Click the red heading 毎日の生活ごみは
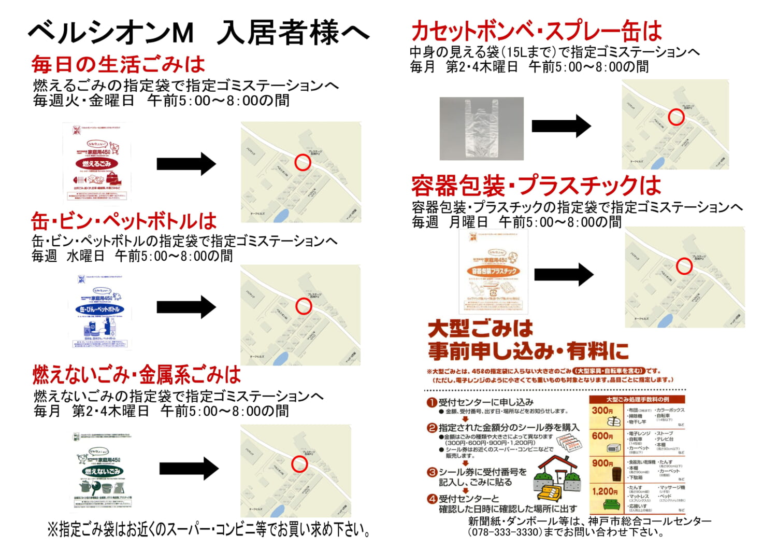tap(118, 65)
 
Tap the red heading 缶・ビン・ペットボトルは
tap(123, 221)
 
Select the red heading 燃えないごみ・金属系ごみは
tap(137, 374)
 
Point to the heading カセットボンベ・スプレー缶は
tap(536, 31)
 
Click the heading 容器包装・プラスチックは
tap(536, 186)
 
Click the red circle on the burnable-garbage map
tap(303, 162)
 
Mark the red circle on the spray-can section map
tap(676, 117)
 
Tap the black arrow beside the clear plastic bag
tap(561, 125)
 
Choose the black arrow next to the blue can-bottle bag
tap(186, 307)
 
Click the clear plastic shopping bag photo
tap(481, 128)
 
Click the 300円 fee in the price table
tap(602, 411)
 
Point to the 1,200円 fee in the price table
tap(605, 491)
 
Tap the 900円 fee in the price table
tap(602, 463)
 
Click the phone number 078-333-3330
tap(505, 532)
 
